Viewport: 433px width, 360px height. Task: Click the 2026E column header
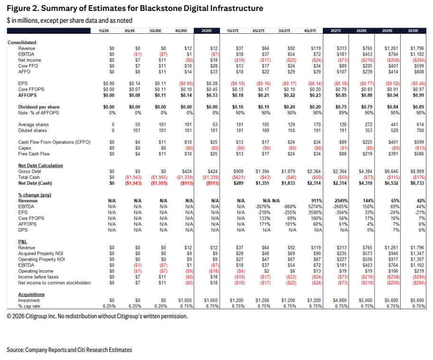(x=207, y=31)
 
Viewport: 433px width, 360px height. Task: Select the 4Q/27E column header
(x=310, y=31)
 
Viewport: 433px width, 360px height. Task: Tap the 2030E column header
(x=413, y=31)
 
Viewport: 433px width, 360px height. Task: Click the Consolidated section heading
(x=22, y=42)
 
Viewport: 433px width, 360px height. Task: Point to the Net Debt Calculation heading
(x=41, y=165)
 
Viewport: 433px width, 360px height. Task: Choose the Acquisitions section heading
(x=31, y=294)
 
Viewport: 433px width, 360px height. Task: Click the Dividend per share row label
(x=39, y=107)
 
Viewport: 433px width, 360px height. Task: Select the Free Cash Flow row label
(x=34, y=154)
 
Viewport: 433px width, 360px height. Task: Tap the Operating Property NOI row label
(x=41, y=259)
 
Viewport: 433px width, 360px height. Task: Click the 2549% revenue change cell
(x=341, y=201)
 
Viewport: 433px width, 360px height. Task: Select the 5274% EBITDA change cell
(x=315, y=207)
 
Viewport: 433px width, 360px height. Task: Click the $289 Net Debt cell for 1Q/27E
(x=240, y=183)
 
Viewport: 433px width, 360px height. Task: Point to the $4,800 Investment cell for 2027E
(x=340, y=300)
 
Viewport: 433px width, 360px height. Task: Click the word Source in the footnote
(x=16, y=350)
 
